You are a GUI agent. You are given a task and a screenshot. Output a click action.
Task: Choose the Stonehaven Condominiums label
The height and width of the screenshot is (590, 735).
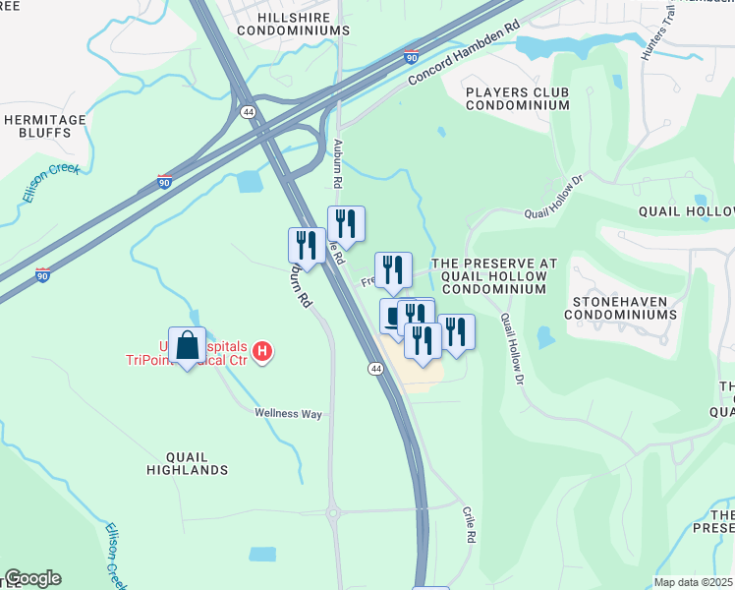tap(620, 307)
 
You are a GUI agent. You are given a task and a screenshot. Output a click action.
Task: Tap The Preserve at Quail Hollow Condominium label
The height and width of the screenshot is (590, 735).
tap(495, 276)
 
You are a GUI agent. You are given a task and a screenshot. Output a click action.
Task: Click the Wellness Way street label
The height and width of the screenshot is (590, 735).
tap(289, 414)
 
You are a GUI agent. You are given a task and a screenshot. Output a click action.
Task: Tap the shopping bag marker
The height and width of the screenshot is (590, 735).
tap(187, 347)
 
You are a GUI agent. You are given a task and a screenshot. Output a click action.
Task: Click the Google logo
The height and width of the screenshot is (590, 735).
tap(32, 578)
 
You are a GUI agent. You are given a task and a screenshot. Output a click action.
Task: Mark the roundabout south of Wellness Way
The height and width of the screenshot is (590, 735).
tap(334, 512)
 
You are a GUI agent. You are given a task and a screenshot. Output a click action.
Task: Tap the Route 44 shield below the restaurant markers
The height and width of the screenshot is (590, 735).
tap(375, 369)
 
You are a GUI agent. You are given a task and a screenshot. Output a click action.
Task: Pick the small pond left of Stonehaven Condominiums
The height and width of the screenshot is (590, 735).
tap(544, 336)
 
